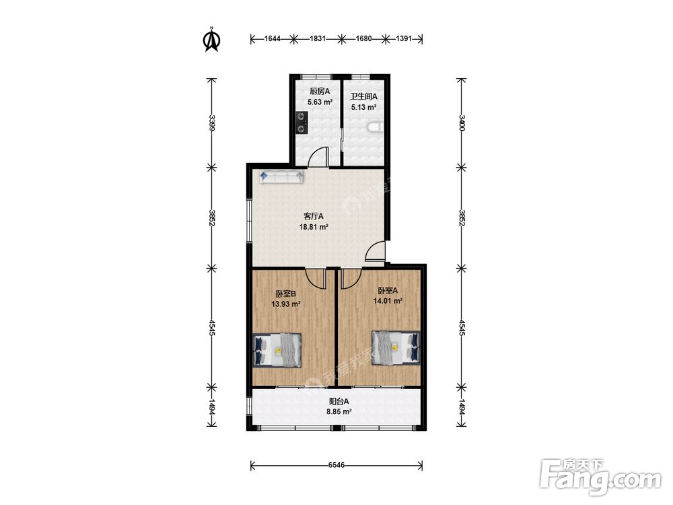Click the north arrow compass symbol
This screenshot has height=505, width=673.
pyautogui.click(x=211, y=40)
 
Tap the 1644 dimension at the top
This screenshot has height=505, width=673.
pyautogui.click(x=272, y=39)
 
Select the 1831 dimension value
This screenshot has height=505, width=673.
pyautogui.click(x=318, y=39)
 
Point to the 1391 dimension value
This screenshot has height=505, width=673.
pyautogui.click(x=403, y=39)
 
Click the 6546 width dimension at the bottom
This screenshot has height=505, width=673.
pyautogui.click(x=336, y=465)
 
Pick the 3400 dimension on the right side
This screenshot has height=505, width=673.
pyautogui.click(x=462, y=123)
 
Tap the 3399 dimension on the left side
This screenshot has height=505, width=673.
pyautogui.click(x=211, y=123)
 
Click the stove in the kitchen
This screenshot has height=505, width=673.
pyautogui.click(x=302, y=123)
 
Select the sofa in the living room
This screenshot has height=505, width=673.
pyautogui.click(x=281, y=177)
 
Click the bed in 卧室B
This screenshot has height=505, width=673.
pyautogui.click(x=277, y=350)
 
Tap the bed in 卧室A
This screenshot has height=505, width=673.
pyautogui.click(x=396, y=348)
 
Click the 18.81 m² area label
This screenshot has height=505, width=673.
pyautogui.click(x=314, y=227)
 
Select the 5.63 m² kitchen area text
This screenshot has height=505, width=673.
pyautogui.click(x=320, y=102)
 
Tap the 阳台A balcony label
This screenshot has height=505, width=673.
pyautogui.click(x=339, y=401)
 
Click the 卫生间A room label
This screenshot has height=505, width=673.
pyautogui.click(x=363, y=96)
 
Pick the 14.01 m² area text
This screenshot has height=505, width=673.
pyautogui.click(x=388, y=301)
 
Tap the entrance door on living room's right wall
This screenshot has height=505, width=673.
pyautogui.click(x=376, y=250)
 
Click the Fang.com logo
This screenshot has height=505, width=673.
pyautogui.click(x=600, y=477)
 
